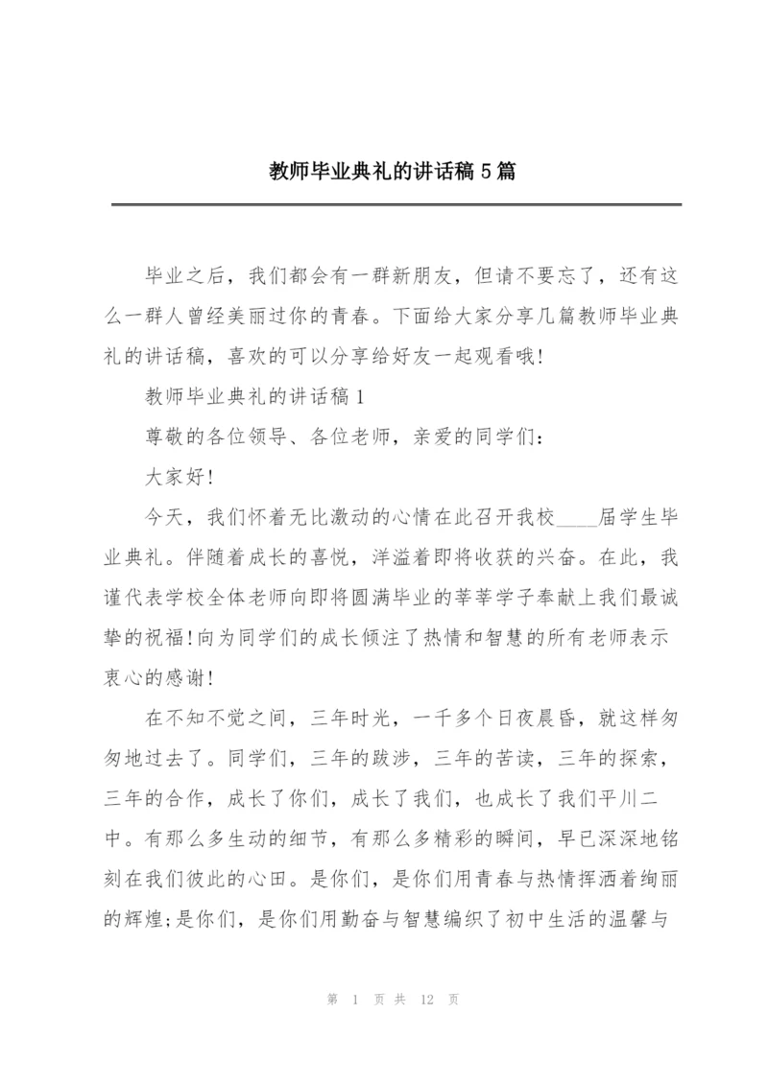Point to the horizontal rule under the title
pos(396,204)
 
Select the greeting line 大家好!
pos(178,477)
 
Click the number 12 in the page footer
pos(428,1000)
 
